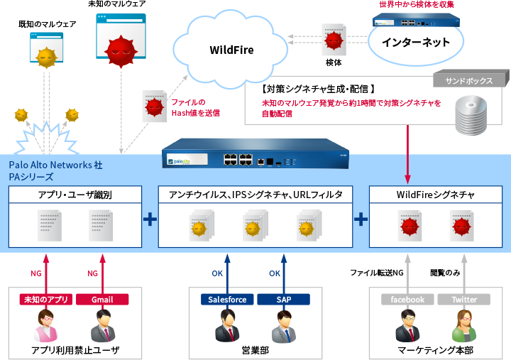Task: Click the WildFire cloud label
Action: coord(231,50)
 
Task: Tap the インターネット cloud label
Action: coord(415,43)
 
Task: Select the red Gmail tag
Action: coord(102,300)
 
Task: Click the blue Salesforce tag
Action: coord(227,300)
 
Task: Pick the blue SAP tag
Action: coord(283,300)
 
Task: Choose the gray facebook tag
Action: coord(407,300)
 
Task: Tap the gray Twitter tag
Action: coord(464,300)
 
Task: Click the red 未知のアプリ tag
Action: coord(46,300)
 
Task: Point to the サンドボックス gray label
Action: coord(468,81)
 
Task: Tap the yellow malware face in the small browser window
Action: coord(46,57)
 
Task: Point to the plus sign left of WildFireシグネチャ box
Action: coord(361,219)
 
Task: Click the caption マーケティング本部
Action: coord(436,350)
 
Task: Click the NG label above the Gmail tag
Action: coord(92,273)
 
